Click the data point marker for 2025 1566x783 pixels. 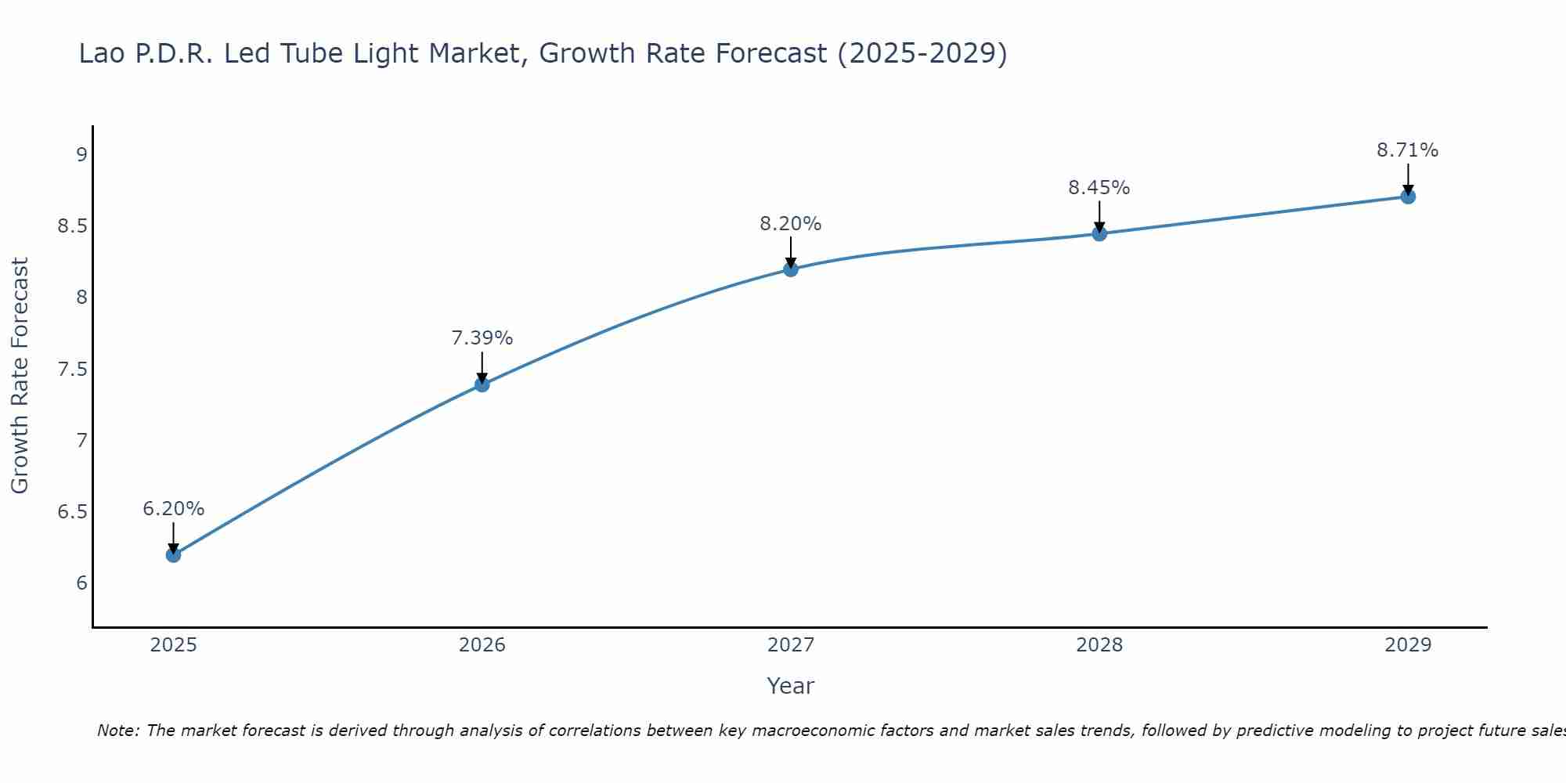173,555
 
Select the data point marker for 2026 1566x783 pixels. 482,384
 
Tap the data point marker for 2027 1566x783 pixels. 791,269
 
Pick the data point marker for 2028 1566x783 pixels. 1099,233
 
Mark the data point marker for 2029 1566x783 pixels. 1408,197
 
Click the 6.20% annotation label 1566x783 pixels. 173,509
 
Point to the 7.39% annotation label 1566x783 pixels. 482,338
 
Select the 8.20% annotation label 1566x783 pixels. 791,224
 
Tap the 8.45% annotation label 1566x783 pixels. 1099,188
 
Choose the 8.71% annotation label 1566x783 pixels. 1408,150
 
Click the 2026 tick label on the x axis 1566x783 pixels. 482,645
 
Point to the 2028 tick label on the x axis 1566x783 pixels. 1099,645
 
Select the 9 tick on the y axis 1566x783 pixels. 81,154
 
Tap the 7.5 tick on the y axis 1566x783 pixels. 73,369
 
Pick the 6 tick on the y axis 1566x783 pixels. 81,583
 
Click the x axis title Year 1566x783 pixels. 791,686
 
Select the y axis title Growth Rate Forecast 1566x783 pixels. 20,376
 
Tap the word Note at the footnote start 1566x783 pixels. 117,731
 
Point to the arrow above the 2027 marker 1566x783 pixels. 791,252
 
